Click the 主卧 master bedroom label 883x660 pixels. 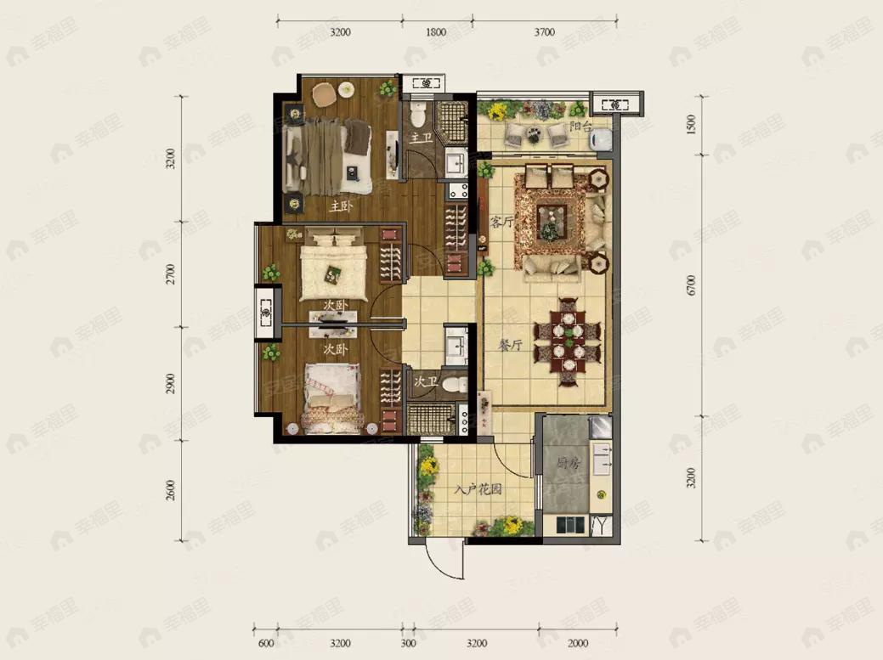(340, 206)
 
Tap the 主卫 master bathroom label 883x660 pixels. (421, 138)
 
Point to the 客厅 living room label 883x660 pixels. (501, 223)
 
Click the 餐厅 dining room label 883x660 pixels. (510, 346)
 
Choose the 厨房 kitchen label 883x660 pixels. (569, 464)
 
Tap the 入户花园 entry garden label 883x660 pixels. (477, 490)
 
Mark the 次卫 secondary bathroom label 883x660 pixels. (425, 383)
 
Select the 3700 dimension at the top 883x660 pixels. (544, 32)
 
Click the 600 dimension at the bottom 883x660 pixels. (265, 643)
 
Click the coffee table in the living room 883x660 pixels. (553, 220)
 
